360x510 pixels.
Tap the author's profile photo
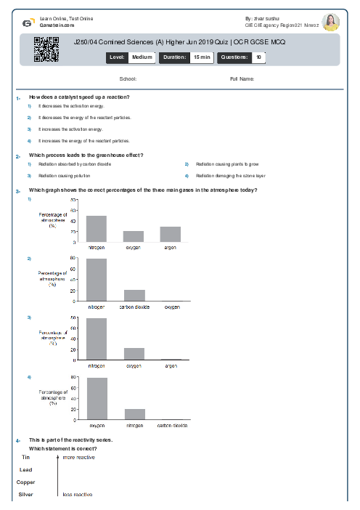(x=331, y=22)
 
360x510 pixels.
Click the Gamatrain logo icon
(x=27, y=23)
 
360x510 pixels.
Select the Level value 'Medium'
(x=142, y=56)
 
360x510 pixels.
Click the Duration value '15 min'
(x=201, y=56)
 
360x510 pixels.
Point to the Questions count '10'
(x=259, y=56)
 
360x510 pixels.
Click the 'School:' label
(x=128, y=78)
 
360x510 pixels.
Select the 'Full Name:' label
(x=242, y=78)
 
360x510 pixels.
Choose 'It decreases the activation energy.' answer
(x=67, y=106)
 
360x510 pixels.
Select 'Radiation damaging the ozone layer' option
(x=230, y=176)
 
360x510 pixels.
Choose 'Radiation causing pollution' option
(x=65, y=176)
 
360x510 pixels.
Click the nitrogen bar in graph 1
(x=97, y=228)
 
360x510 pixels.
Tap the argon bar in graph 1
(x=171, y=233)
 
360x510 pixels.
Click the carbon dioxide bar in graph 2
(x=134, y=295)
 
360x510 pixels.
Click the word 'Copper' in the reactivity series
(x=26, y=482)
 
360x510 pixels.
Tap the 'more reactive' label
(x=78, y=458)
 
